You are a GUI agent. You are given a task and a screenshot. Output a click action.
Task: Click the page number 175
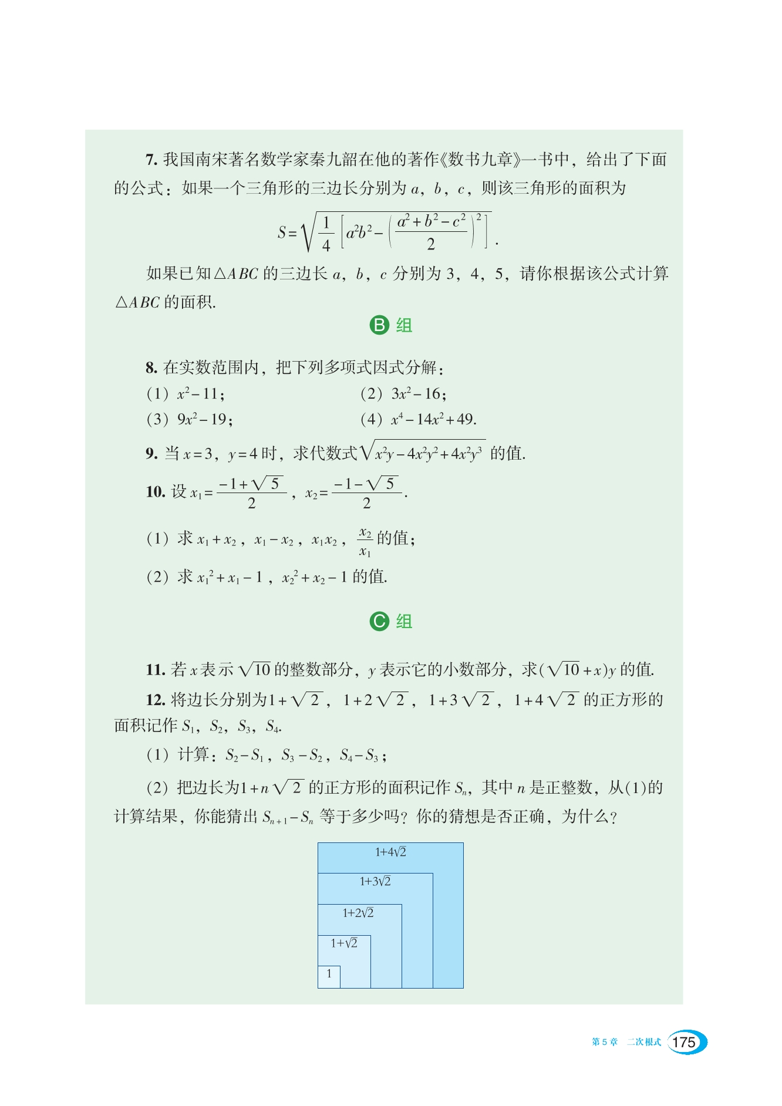pos(684,1042)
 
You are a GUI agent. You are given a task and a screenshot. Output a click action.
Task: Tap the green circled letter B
pos(379,325)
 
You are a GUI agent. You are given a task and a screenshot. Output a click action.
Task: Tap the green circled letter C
pos(379,621)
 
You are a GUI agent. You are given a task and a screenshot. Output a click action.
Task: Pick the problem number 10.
pos(155,492)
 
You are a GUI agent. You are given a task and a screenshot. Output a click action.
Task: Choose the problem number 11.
pos(155,670)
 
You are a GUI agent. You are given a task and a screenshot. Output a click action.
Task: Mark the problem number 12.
pos(155,700)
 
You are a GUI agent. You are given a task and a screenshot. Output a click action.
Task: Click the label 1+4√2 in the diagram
pos(390,852)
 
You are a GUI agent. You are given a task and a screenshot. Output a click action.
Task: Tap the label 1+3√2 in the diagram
pos(375,881)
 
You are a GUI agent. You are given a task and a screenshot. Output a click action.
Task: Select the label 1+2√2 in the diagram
pos(358,913)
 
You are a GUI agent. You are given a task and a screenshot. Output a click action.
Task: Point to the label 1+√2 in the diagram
pos(344,943)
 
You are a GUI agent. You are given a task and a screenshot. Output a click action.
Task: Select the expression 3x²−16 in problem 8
pos(419,393)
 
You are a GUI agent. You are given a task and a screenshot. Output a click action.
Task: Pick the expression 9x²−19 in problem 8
pos(204,419)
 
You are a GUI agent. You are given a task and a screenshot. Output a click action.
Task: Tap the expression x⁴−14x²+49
pos(433,419)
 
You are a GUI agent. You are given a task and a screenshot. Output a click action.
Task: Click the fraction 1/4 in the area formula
pos(326,234)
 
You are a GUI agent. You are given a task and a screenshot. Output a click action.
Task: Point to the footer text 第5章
pos(605,1042)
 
